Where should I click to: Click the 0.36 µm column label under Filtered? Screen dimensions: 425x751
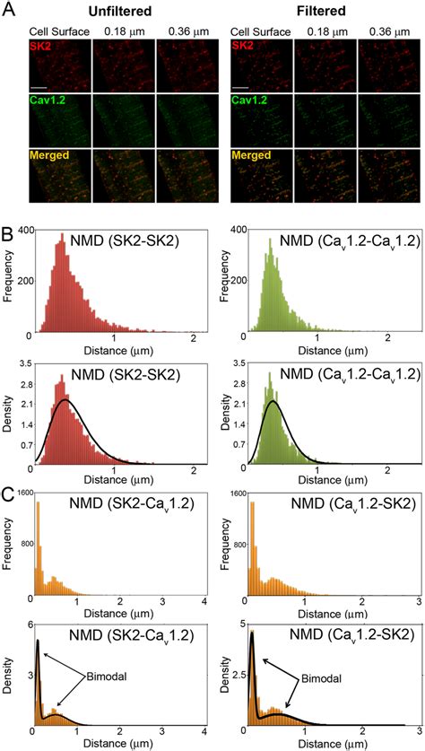pyautogui.click(x=388, y=32)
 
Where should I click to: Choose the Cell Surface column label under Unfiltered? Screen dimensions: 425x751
pyautogui.click(x=59, y=32)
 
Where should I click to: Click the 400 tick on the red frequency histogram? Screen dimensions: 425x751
pyautogui.click(x=24, y=230)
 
